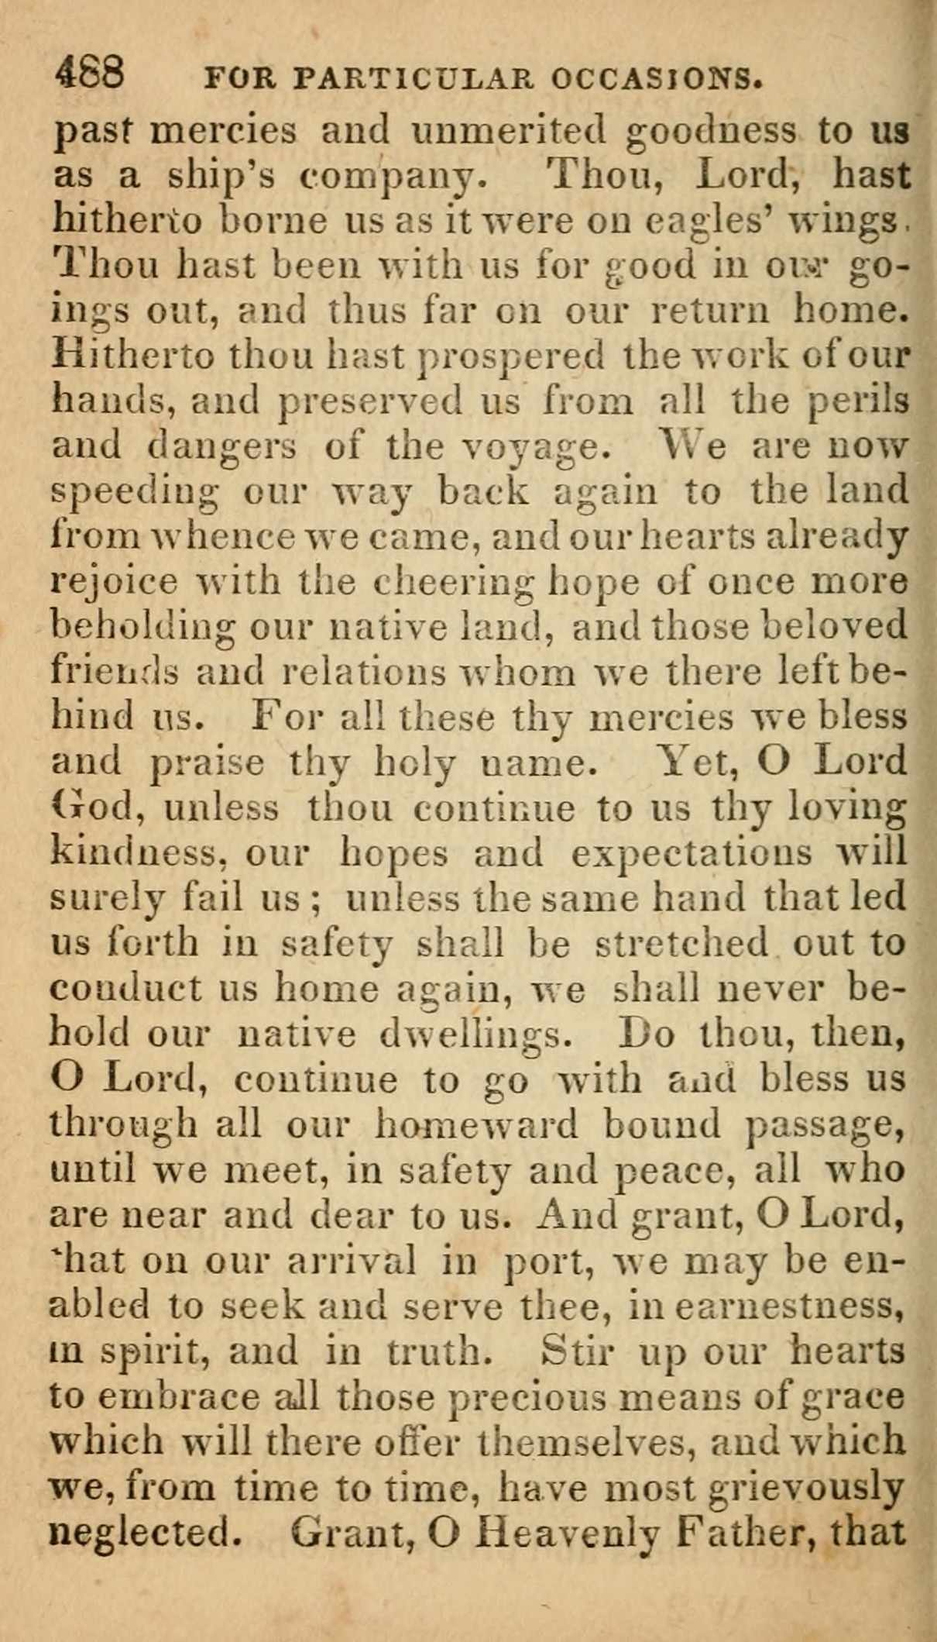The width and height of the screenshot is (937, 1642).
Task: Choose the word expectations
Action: click(692, 853)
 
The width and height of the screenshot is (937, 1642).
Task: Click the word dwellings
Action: click(476, 1034)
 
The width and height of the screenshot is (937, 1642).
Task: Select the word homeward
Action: click(475, 1124)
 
